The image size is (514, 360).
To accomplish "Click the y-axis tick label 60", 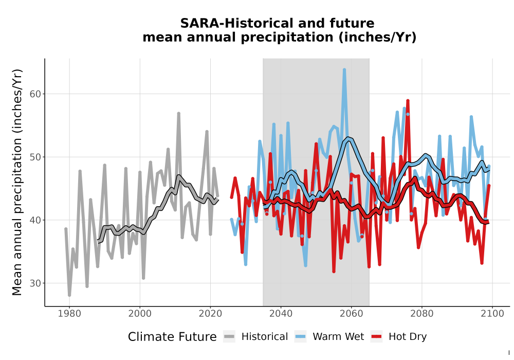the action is point(36,94).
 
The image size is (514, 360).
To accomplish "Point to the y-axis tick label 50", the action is point(36,157).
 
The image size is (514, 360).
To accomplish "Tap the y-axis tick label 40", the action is point(36,220).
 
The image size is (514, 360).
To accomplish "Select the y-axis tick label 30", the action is point(36,283).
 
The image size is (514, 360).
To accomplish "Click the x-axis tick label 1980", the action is point(69,314).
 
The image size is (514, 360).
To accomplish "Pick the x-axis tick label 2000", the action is point(140,314).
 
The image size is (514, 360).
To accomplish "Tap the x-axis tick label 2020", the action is point(210,314).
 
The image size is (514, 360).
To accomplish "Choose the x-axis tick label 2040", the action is point(281,314).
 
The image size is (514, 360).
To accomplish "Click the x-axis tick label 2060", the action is point(351,314).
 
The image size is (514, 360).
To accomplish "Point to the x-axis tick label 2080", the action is point(421,314).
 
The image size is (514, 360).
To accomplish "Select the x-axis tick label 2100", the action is point(492,314).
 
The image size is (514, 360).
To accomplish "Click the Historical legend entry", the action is point(255,337).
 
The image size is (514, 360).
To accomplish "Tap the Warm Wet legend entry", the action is point(329,337).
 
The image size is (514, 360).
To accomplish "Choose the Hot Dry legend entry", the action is point(399,337).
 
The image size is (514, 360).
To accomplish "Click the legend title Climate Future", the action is point(172,337).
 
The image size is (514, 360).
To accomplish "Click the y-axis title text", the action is point(17,182).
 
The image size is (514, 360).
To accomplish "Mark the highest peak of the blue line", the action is point(344,69).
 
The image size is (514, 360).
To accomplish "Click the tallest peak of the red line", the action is point(408,101).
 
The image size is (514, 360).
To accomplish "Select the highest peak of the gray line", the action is point(179,113).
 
